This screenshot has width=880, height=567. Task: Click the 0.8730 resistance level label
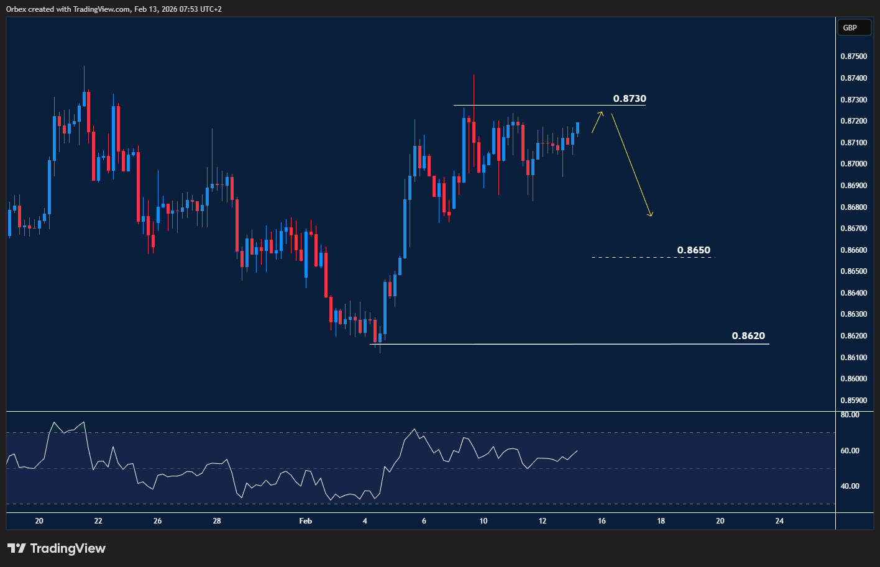point(630,99)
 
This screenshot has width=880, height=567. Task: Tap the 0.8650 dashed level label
point(694,250)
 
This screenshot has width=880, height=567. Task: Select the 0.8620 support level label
point(748,336)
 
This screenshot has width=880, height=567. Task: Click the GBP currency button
point(850,27)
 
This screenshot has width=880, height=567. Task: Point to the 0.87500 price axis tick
point(853,57)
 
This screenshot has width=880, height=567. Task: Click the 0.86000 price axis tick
point(853,379)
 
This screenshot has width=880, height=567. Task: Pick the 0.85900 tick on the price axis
point(853,401)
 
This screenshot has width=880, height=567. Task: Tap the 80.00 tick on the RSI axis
point(850,415)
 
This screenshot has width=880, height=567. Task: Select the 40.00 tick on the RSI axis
point(850,486)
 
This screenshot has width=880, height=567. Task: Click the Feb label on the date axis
point(305,521)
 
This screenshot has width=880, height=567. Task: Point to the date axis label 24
point(779,521)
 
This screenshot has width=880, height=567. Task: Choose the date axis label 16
point(602,521)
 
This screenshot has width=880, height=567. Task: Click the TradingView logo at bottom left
point(57,548)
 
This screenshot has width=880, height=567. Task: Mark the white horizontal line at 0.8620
point(559,344)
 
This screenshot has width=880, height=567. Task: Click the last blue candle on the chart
point(578,129)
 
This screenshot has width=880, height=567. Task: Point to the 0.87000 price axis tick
point(853,164)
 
